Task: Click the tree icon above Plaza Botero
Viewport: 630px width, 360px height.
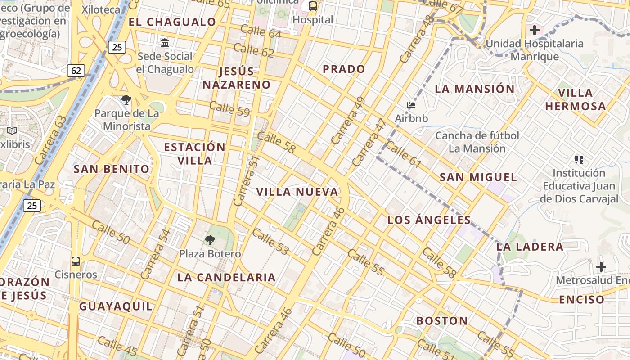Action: coord(210,240)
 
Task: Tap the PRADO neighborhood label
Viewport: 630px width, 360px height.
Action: coord(344,69)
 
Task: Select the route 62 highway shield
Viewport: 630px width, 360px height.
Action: coord(76,71)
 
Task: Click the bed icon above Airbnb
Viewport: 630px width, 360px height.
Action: coord(411,106)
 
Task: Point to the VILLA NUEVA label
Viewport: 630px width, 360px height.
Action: coord(297,192)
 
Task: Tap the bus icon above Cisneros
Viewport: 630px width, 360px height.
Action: coord(76,261)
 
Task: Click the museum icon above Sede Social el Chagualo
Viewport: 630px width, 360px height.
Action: coord(165,43)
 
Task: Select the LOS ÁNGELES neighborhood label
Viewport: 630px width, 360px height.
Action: coord(429,220)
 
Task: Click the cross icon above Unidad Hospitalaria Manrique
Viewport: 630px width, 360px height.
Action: coord(535,30)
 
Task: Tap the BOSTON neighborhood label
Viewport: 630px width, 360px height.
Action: coord(442,321)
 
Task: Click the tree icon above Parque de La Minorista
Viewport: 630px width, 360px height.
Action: coord(126,100)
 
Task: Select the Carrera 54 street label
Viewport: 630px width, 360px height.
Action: coord(156,254)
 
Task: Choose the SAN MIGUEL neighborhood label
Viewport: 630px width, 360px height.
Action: coord(478,177)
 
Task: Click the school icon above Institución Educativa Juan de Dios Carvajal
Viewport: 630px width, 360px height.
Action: coord(579,159)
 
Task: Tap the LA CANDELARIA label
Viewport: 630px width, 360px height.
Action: coord(226,277)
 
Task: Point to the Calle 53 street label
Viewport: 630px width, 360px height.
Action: coord(270,242)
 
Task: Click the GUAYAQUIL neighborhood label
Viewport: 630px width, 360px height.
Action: coord(116,306)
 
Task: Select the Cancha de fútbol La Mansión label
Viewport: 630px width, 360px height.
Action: coord(477,142)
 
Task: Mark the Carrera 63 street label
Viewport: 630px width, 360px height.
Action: coord(50,140)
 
